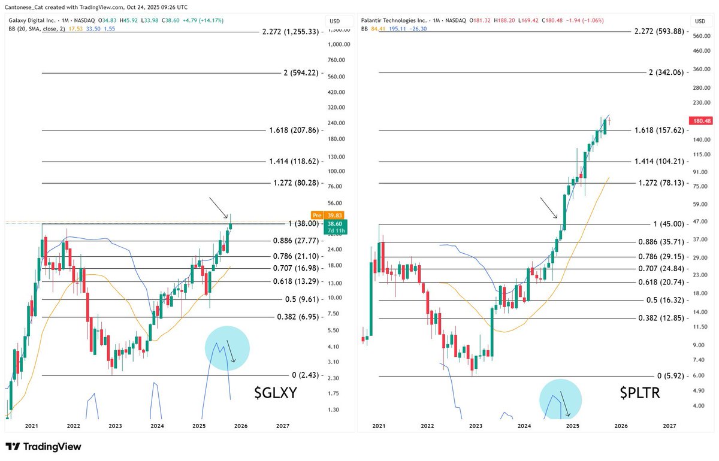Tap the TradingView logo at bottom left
[43, 447]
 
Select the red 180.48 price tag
[700, 120]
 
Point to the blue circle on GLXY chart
[227, 348]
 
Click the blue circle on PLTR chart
[560, 399]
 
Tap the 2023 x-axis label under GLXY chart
[115, 426]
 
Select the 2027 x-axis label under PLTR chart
[669, 426]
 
